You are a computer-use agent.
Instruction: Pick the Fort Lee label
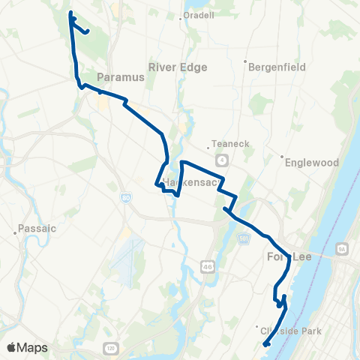(x=289, y=257)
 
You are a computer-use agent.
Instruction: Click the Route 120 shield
(x=110, y=349)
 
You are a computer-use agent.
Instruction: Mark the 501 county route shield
(x=244, y=238)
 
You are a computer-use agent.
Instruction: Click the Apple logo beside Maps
(x=11, y=347)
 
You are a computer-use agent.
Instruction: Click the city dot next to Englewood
(x=281, y=157)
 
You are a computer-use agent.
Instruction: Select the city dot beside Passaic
(x=15, y=232)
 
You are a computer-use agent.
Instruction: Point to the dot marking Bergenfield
(x=245, y=62)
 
